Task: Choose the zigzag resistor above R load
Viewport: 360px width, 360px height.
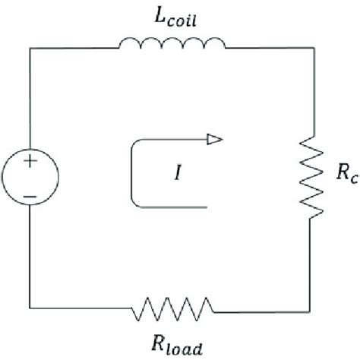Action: pyautogui.click(x=173, y=309)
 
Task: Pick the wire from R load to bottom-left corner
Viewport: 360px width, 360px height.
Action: pyautogui.click(x=80, y=309)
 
